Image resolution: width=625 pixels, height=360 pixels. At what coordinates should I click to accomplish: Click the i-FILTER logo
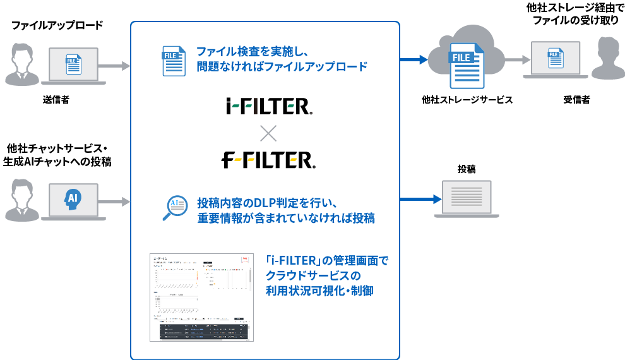pos(268,107)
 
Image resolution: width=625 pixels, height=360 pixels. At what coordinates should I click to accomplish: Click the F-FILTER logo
pos(268,160)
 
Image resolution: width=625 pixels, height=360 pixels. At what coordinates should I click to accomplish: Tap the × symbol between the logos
pos(268,133)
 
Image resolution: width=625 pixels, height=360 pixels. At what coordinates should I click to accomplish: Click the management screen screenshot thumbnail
pos(201,297)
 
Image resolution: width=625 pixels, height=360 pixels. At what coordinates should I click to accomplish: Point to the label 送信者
pos(56,100)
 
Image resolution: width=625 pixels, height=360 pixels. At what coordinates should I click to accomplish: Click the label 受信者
pos(576,100)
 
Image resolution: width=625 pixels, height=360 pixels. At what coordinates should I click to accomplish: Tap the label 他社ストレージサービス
pos(467,100)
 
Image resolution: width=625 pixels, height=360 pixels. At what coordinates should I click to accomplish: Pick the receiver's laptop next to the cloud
pos(556,60)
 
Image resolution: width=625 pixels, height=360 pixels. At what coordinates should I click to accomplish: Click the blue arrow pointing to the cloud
pos(414,60)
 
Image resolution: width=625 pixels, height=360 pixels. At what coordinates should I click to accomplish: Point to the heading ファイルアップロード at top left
pos(57,26)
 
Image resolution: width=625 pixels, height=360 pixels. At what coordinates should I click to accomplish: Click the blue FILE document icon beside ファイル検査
pos(173,61)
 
